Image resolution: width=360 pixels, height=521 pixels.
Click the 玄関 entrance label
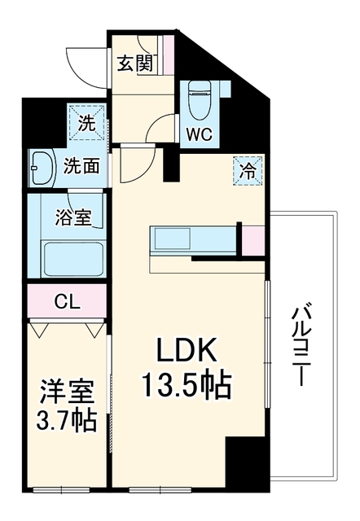pyautogui.click(x=135, y=63)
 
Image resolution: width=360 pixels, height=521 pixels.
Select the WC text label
pyautogui.click(x=199, y=134)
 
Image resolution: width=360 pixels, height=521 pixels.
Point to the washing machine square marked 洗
pyautogui.click(x=86, y=122)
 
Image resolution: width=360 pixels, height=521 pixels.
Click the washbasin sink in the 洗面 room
pyautogui.click(x=42, y=168)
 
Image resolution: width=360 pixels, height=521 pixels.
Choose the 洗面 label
pyautogui.click(x=81, y=165)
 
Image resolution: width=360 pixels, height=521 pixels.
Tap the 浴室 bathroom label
pyautogui.click(x=73, y=217)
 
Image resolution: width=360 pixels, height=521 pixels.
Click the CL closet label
pyautogui.click(x=68, y=302)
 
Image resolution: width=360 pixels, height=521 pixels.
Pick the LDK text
pyautogui.click(x=187, y=350)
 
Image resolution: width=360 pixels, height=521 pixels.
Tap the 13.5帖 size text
pyautogui.click(x=187, y=385)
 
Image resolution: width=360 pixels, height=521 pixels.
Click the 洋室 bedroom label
pyautogui.click(x=68, y=392)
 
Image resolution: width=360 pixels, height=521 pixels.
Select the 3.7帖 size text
pyautogui.click(x=67, y=420)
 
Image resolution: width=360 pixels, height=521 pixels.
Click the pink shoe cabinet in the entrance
pyautogui.click(x=169, y=55)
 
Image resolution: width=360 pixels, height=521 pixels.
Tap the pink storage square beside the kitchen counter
pyautogui.click(x=253, y=241)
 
